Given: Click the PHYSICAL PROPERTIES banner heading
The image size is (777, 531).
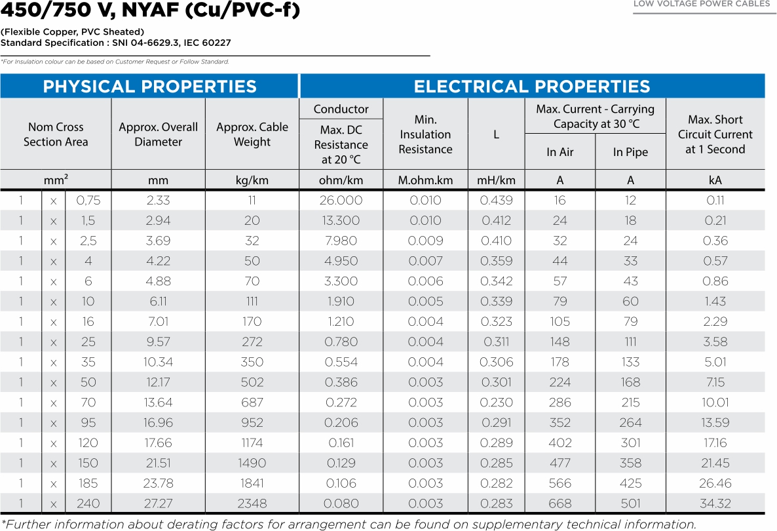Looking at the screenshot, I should click(x=149, y=87).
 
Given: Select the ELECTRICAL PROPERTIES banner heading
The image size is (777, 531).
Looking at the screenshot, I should click(x=531, y=87).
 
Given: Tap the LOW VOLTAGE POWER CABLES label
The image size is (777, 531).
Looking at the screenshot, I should click(x=701, y=5).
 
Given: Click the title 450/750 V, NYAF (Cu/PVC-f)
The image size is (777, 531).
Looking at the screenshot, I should click(x=150, y=10).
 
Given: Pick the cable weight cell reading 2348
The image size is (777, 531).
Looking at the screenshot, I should click(x=252, y=503).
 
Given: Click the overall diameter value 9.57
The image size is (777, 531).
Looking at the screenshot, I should click(x=158, y=342).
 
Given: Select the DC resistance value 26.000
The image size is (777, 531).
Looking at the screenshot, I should click(x=341, y=201).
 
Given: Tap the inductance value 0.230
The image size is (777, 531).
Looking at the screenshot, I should click(x=496, y=403).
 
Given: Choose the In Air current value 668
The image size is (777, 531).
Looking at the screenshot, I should click(x=559, y=503).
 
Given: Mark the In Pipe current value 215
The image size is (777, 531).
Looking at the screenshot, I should click(x=630, y=403).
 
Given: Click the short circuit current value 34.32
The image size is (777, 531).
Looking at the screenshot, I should click(x=715, y=503).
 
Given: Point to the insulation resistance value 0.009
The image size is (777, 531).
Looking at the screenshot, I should click(x=425, y=241).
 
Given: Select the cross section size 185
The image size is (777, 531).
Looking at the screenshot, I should click(x=88, y=483).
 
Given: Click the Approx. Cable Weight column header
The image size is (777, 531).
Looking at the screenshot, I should click(x=252, y=134).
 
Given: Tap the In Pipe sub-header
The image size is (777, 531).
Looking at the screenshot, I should click(x=630, y=152).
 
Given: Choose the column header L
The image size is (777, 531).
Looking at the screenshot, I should click(x=496, y=134).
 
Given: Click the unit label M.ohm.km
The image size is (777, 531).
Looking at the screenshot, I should click(x=425, y=180).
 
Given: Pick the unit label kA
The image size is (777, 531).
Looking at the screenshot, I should click(x=715, y=180).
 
